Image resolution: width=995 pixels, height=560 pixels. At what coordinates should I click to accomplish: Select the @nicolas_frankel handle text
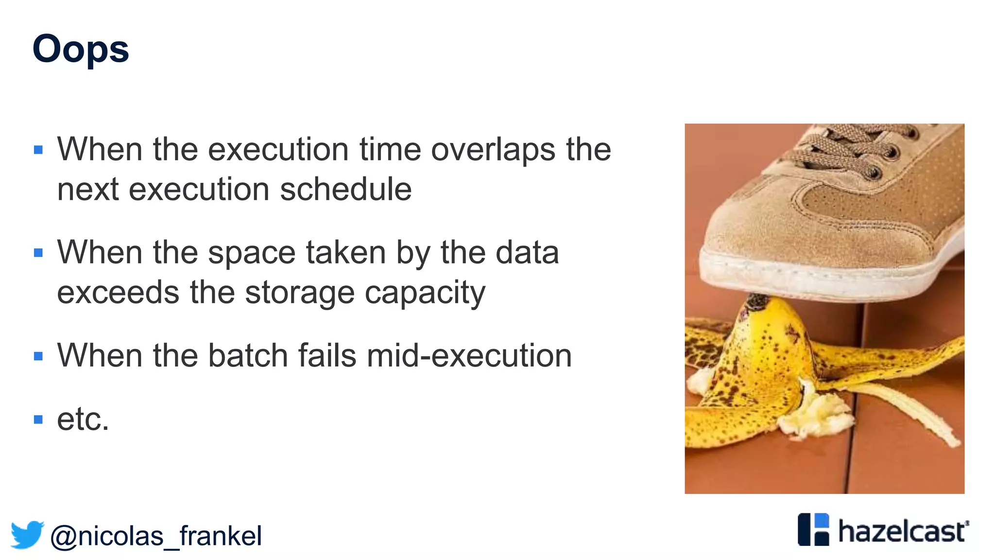155,536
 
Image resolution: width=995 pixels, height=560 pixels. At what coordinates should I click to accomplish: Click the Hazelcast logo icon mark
813,529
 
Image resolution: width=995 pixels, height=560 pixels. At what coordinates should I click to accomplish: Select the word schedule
345,189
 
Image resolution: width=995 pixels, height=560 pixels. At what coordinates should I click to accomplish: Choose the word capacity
425,294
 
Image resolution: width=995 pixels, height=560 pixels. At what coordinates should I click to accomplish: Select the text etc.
83,419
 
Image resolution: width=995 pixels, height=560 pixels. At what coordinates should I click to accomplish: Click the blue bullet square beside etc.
38,419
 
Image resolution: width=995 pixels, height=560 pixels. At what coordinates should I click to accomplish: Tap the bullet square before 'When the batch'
38,356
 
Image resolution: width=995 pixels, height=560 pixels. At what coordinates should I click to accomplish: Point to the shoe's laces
855,146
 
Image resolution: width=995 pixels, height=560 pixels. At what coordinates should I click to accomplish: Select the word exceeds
118,293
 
